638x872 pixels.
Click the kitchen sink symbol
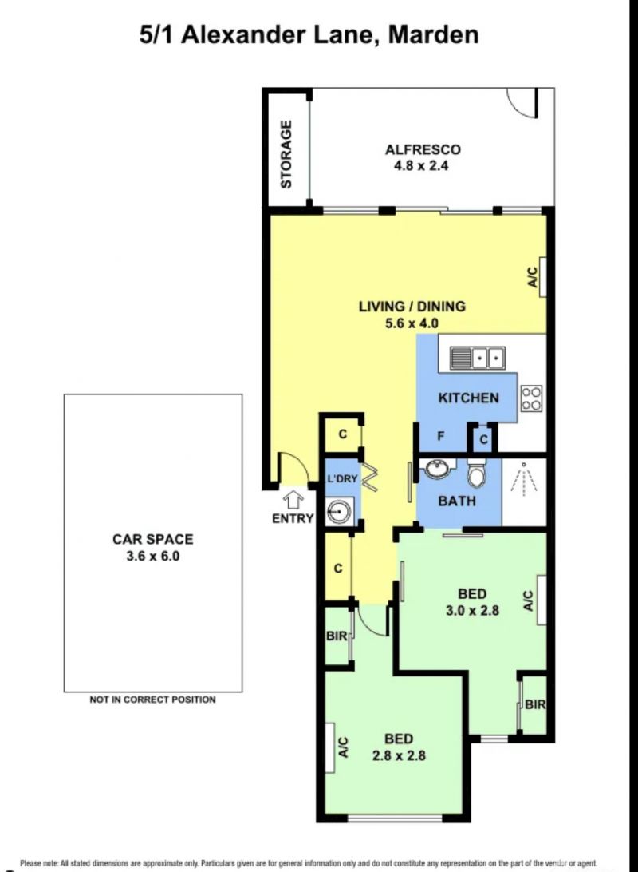click(477, 358)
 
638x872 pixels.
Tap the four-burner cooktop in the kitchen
click(531, 398)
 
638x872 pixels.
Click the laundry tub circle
click(337, 510)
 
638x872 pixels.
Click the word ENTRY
click(293, 518)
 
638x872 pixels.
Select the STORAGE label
click(286, 154)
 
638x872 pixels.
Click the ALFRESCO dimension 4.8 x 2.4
click(421, 165)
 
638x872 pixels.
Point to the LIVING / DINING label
click(412, 306)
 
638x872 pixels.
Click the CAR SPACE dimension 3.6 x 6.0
click(152, 556)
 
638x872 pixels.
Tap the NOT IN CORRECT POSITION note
click(152, 700)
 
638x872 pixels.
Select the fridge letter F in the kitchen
click(441, 436)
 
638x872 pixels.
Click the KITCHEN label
click(469, 398)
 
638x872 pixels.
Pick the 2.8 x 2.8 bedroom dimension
click(399, 755)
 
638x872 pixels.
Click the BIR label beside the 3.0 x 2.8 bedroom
click(535, 704)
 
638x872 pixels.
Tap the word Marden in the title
click(432, 34)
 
